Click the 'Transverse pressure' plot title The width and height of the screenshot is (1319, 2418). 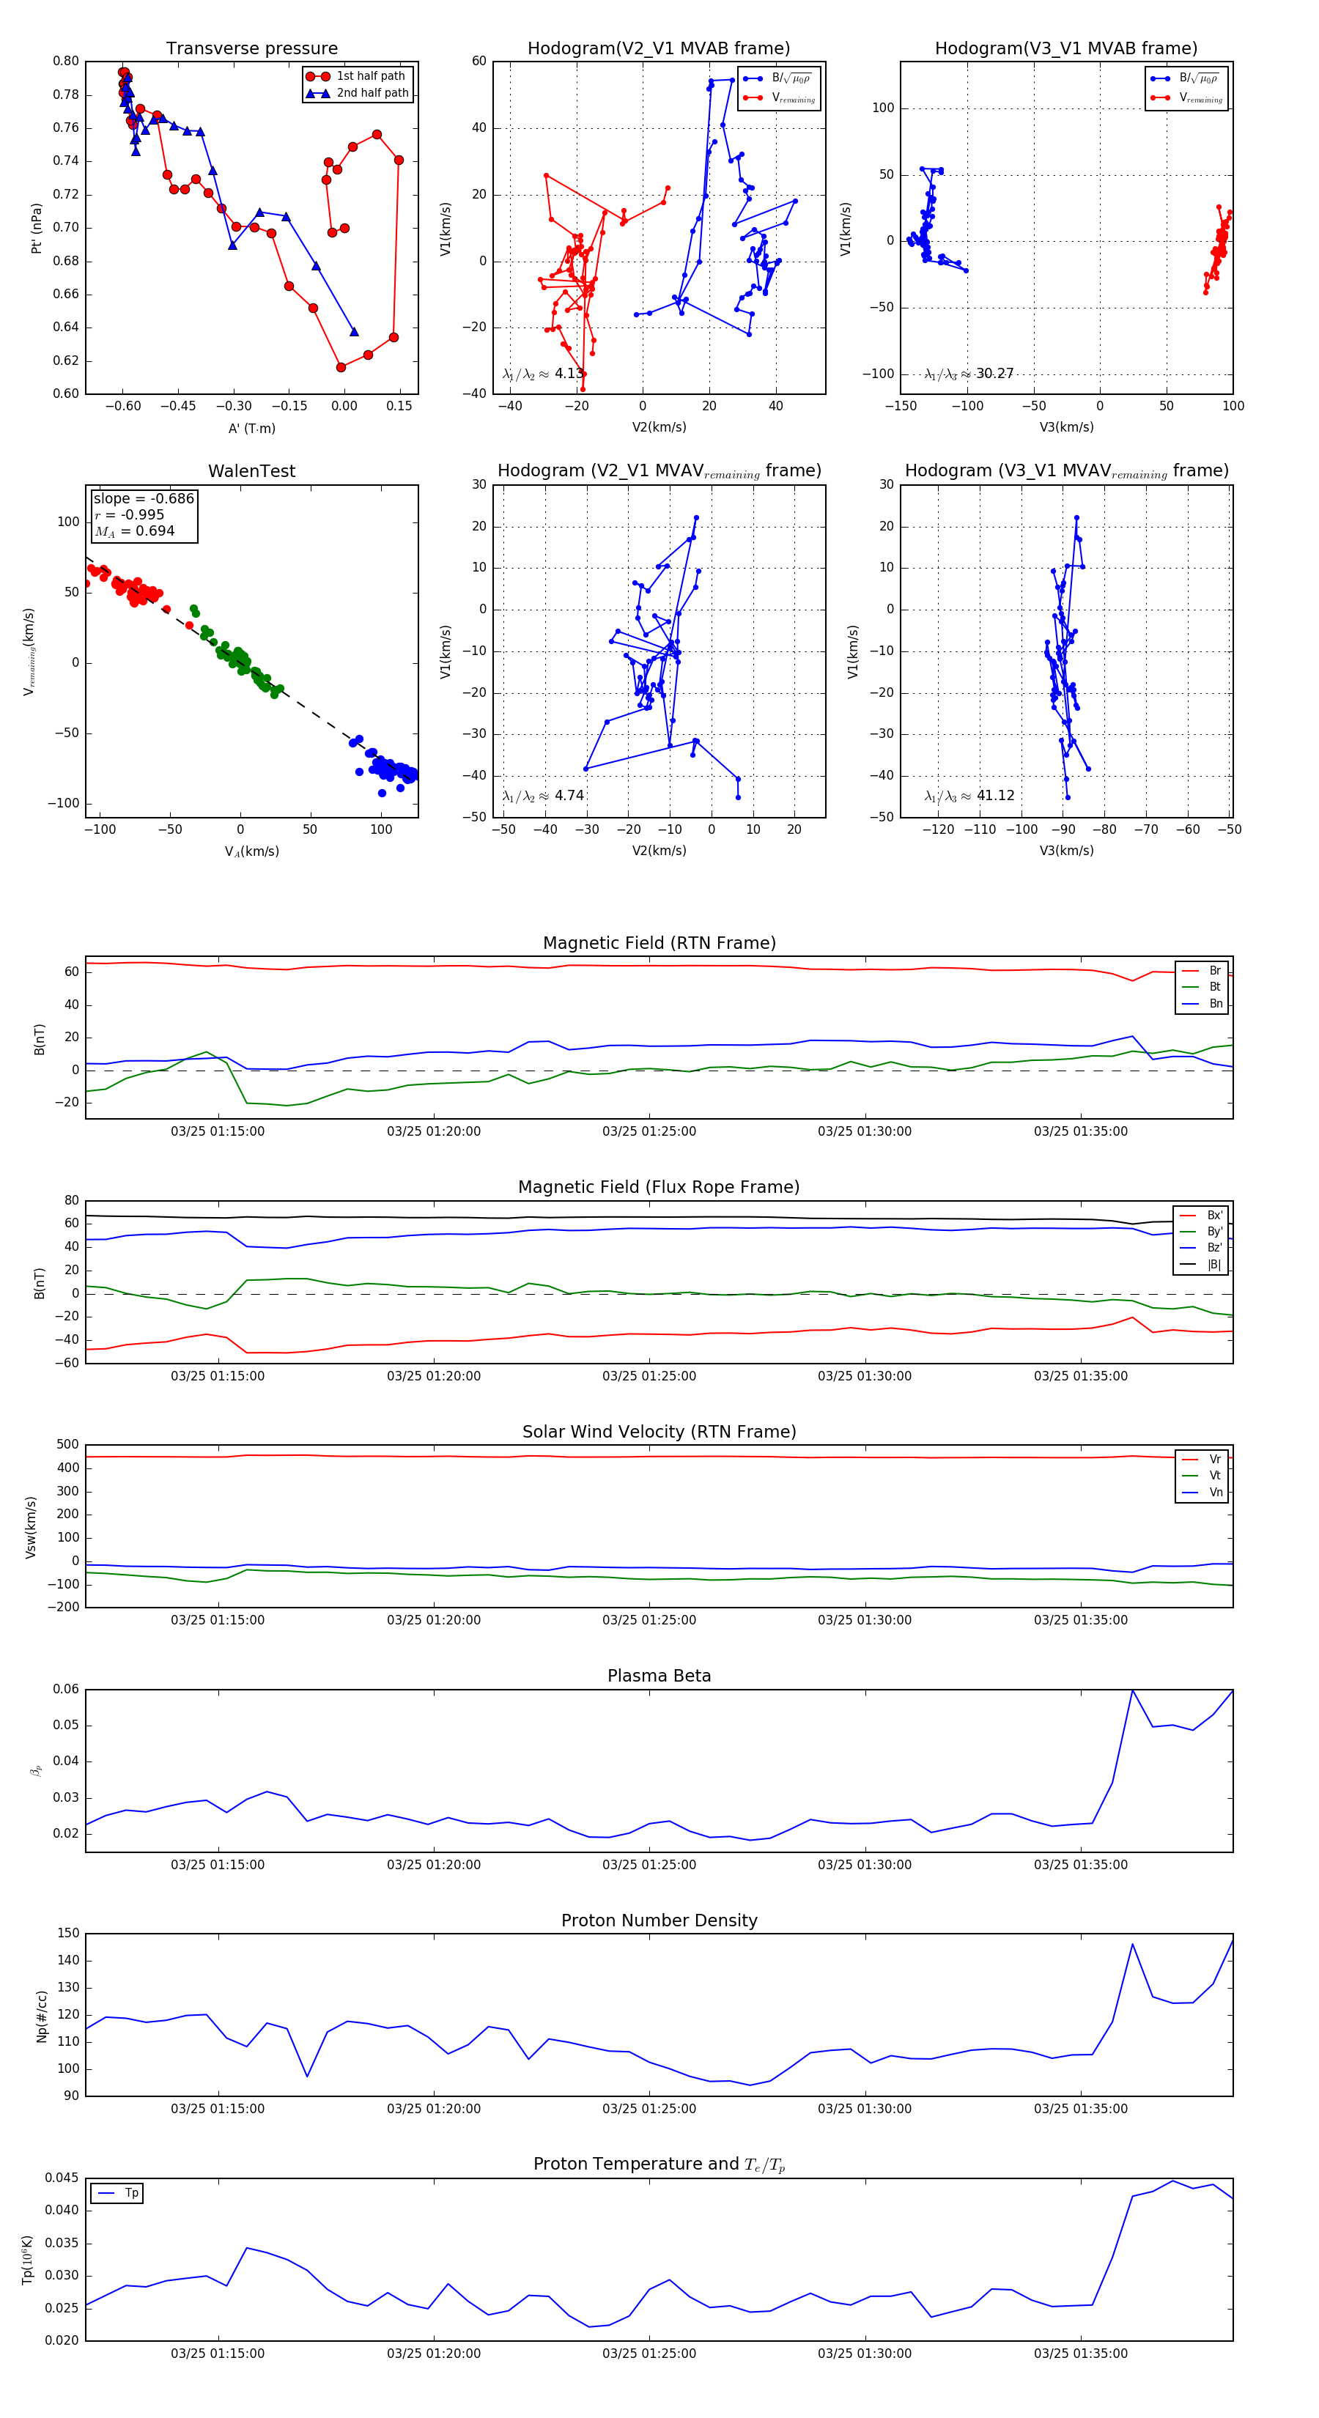(251, 49)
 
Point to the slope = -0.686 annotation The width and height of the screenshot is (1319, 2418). (144, 498)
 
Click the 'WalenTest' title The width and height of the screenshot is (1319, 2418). (251, 471)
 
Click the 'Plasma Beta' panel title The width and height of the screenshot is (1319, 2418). (659, 1676)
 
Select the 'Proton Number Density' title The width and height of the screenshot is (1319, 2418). (659, 1920)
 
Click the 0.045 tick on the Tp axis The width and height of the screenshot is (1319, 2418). (63, 2178)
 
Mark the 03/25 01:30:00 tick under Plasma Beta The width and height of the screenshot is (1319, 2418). (864, 1864)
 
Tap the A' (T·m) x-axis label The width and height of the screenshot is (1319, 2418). (251, 428)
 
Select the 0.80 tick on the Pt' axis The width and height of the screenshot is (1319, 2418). (66, 61)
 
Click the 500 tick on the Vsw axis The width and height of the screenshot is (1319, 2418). (67, 1445)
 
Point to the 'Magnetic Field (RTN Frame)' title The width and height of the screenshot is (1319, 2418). (659, 943)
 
